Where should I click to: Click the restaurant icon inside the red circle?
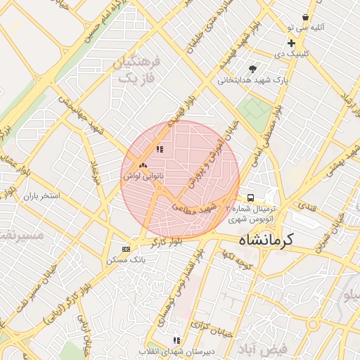(x=160, y=149)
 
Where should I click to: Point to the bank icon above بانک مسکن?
(x=126, y=249)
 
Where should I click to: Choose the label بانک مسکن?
(x=126, y=259)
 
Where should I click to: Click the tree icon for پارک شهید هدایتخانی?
(x=252, y=69)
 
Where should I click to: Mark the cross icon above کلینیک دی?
(x=291, y=44)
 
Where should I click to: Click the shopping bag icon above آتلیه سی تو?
(x=305, y=17)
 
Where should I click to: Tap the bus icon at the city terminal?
(x=250, y=198)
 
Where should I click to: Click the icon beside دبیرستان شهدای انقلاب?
(x=176, y=341)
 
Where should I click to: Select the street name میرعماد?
(x=96, y=172)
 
